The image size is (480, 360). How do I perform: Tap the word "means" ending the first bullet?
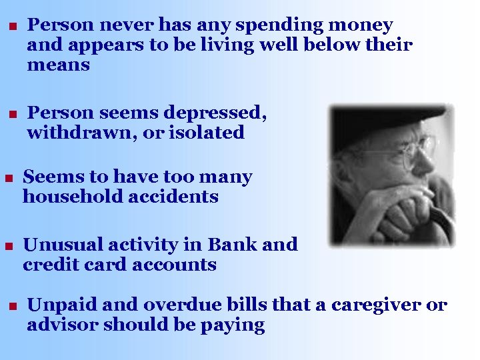tap(58, 66)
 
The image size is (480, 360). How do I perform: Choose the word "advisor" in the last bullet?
tap(62, 325)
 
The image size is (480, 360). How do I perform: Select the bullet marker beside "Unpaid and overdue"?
tap(11, 307)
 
